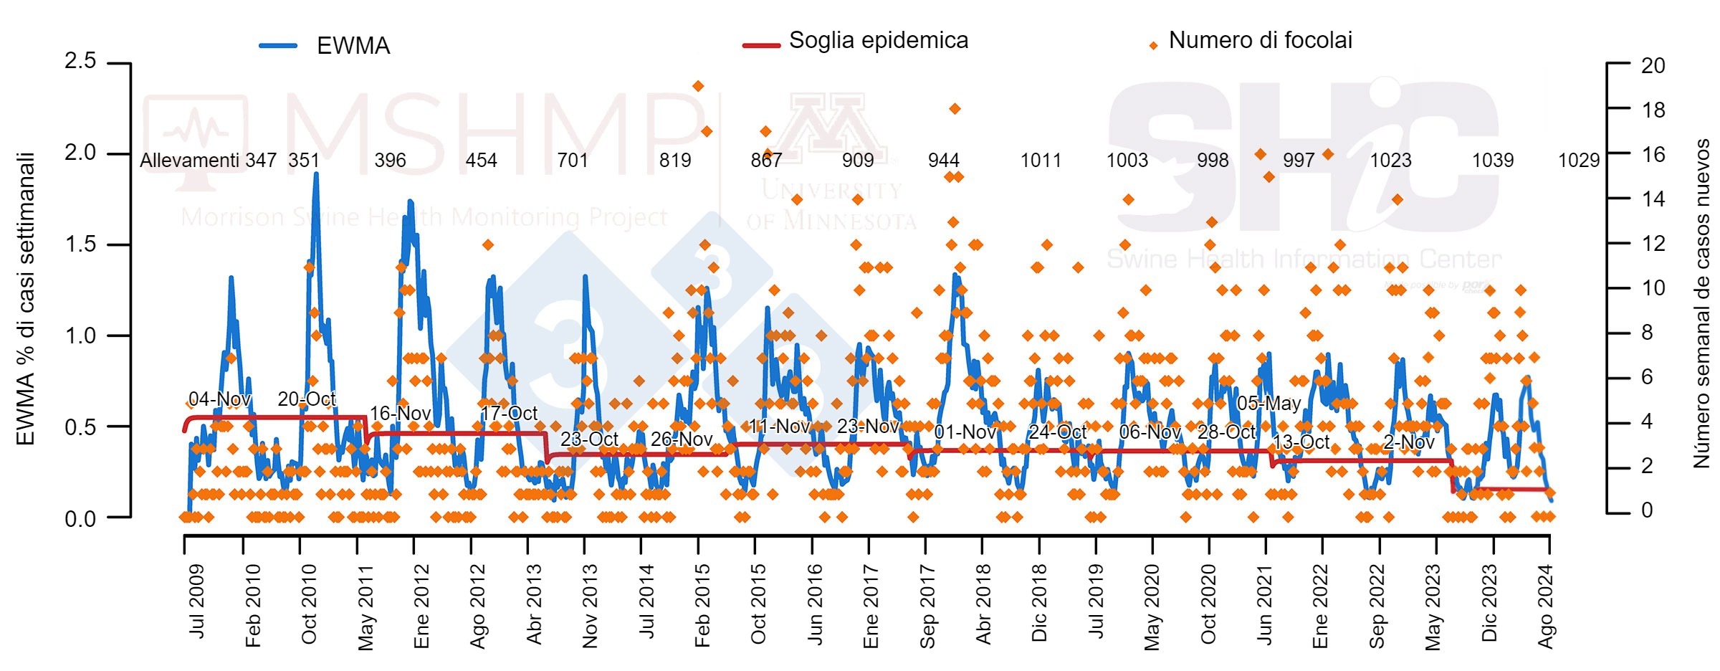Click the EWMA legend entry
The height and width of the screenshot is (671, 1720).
point(353,46)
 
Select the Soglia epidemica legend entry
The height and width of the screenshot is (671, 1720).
point(878,41)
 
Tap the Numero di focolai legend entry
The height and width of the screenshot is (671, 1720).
point(1260,41)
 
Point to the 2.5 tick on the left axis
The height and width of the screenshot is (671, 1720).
point(80,61)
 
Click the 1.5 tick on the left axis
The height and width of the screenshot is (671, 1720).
point(80,244)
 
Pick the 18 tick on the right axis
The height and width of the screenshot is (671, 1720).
point(1653,110)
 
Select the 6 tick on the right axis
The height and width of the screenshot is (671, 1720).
point(1647,377)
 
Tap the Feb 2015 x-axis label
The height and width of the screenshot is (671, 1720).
point(702,605)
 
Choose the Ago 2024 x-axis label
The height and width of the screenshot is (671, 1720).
point(1546,606)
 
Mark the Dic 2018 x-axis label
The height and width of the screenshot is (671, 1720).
point(1039,603)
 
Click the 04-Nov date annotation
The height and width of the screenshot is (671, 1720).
point(219,399)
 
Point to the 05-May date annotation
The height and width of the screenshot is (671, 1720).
point(1268,404)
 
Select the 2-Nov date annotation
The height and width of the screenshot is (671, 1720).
point(1408,442)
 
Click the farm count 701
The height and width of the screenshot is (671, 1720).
point(573,160)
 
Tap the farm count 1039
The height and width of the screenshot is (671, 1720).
point(1493,160)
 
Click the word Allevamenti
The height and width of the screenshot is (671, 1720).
point(189,160)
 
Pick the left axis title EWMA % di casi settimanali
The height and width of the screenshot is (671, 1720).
point(26,299)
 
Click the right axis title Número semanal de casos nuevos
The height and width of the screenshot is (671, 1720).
point(1701,303)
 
